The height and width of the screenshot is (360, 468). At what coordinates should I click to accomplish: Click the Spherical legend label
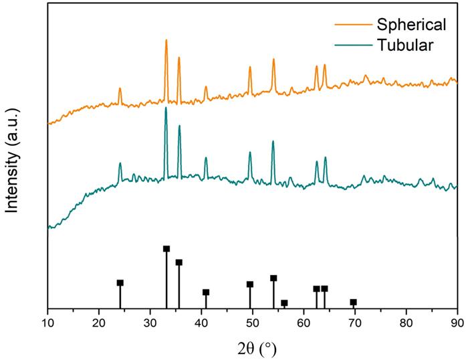[411, 25]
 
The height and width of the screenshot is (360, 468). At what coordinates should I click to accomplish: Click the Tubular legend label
[405, 46]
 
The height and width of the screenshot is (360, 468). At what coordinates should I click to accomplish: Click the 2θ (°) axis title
[253, 348]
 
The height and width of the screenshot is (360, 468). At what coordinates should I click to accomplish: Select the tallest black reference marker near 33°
[166, 249]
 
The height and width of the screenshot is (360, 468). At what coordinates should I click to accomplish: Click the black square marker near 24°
[120, 283]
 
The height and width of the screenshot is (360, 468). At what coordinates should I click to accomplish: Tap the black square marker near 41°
[206, 292]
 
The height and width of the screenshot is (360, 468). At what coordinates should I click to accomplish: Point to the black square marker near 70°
[354, 302]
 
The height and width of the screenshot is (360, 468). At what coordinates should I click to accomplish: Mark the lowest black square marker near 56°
[284, 303]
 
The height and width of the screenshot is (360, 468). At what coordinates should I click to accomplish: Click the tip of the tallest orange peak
[166, 40]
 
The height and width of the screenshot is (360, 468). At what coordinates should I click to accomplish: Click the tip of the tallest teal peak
[166, 108]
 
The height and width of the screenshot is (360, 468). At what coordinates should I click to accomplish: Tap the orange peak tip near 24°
[120, 88]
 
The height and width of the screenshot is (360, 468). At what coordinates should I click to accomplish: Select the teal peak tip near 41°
[206, 158]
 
